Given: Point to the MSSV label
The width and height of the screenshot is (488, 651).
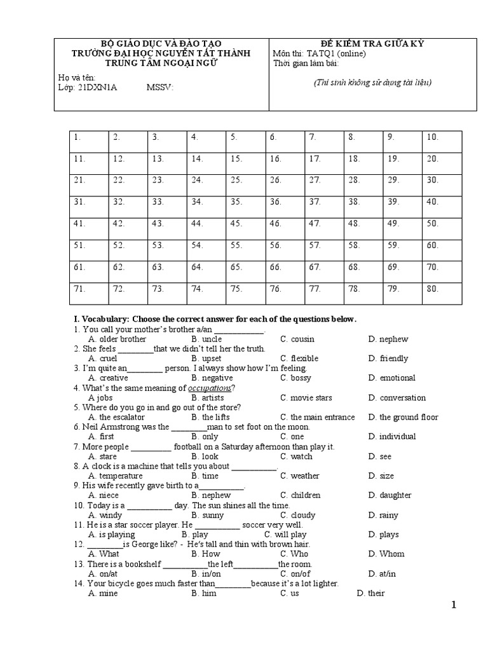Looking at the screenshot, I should pyautogui.click(x=160, y=88).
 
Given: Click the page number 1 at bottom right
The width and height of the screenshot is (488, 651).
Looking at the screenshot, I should pyautogui.click(x=453, y=605).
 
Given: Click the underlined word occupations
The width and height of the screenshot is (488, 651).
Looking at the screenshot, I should pyautogui.click(x=210, y=388).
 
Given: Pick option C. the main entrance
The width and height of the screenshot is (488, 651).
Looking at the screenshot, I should pyautogui.click(x=318, y=417).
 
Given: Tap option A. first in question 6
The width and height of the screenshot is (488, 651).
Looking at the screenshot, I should pyautogui.click(x=102, y=436).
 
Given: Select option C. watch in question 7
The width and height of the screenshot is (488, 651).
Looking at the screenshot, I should pyautogui.click(x=296, y=456).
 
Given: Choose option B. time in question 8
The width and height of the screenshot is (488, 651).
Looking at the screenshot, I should pyautogui.click(x=205, y=476).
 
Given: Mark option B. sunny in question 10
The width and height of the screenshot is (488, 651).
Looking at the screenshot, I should pyautogui.click(x=207, y=515).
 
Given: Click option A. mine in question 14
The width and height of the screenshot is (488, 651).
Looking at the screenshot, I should pyautogui.click(x=103, y=593).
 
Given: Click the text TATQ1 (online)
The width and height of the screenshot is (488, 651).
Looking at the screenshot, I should pyautogui.click(x=335, y=53).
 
